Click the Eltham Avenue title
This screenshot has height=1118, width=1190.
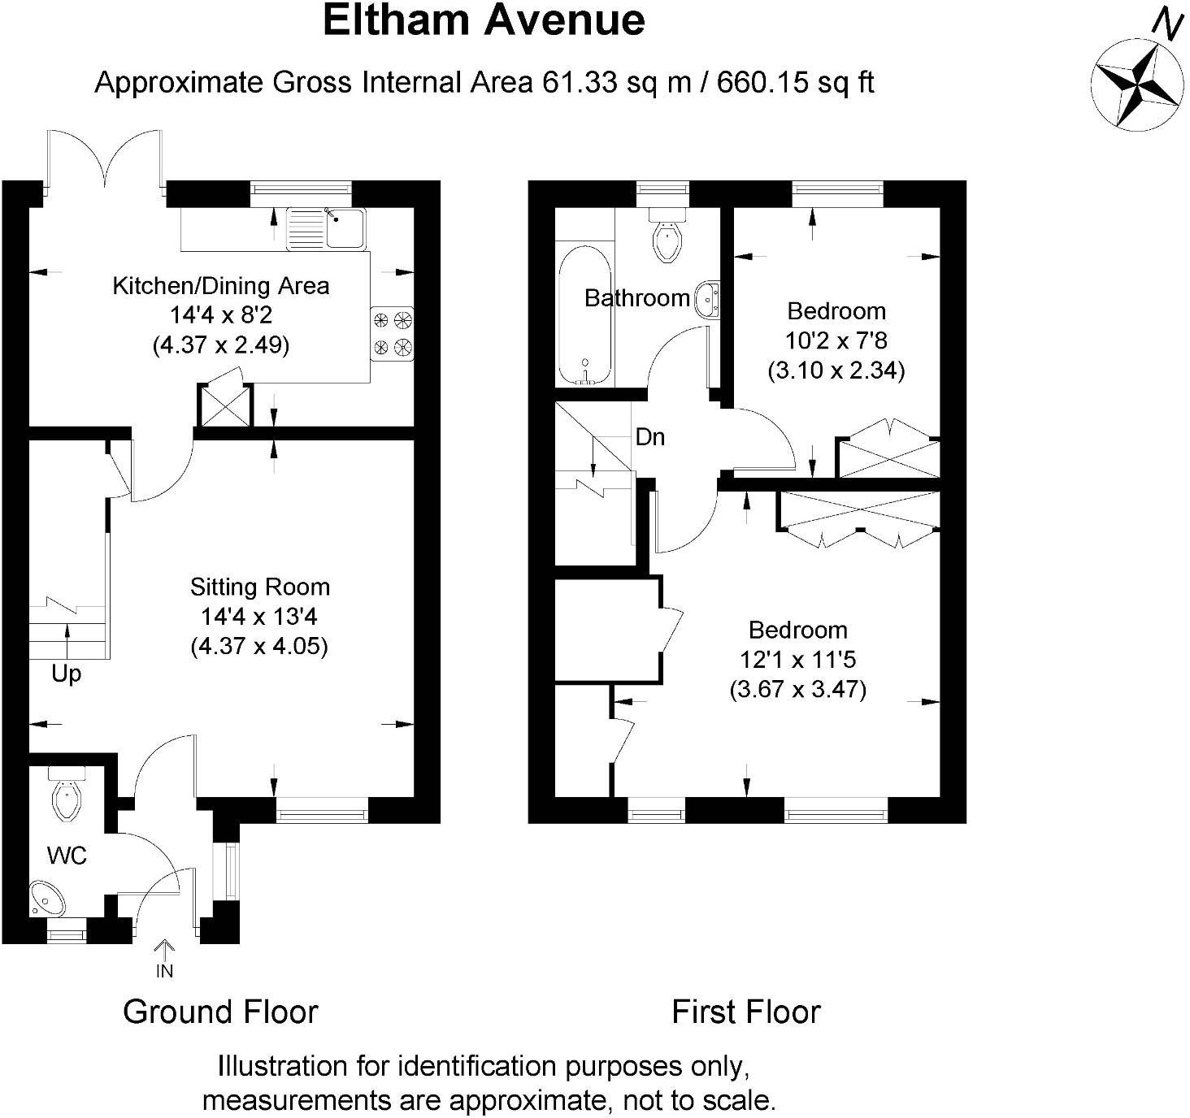coord(484,21)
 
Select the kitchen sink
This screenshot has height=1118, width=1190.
coord(326,228)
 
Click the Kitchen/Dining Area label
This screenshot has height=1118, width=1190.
coord(221,286)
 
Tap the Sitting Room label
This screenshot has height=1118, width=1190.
coord(260,587)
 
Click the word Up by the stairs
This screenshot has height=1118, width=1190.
coord(67,674)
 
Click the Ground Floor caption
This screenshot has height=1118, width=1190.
coord(220,1012)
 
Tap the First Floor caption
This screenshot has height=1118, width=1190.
coord(746,1012)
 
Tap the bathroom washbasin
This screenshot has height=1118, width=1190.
coord(706,300)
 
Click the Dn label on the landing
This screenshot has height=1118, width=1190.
coord(650,438)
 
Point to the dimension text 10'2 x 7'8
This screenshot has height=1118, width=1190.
coord(836,340)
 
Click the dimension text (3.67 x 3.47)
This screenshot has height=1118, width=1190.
coord(797,690)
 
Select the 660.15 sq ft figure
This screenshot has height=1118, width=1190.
coord(796,83)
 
